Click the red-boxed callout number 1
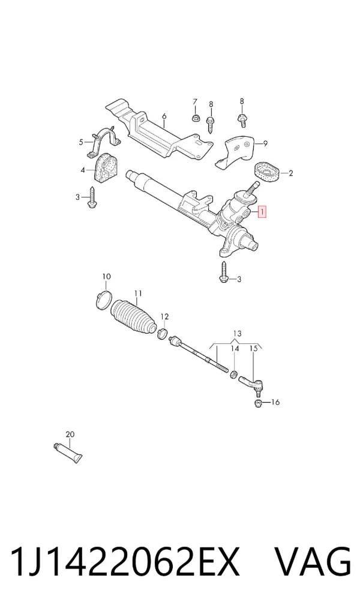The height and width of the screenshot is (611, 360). click(x=263, y=212)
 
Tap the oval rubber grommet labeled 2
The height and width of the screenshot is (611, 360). click(x=267, y=172)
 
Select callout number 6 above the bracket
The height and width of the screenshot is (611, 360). click(x=164, y=116)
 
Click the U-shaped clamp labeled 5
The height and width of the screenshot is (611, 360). click(x=104, y=141)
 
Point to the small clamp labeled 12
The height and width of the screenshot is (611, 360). click(x=163, y=333)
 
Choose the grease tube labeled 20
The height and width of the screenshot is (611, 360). click(x=67, y=453)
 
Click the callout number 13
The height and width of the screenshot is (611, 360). click(x=237, y=334)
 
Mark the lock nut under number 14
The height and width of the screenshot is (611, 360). click(x=234, y=375)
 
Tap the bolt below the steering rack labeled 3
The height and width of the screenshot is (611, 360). click(x=224, y=272)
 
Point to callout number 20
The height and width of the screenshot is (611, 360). click(x=70, y=434)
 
